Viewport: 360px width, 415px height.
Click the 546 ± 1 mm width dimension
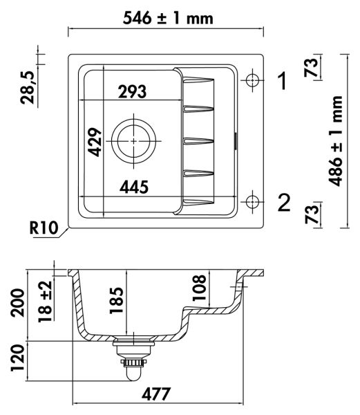coord(168,18)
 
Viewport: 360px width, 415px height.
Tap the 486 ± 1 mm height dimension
coord(335,141)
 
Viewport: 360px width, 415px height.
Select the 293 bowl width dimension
coord(132,91)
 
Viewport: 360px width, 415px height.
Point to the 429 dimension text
coord(95,142)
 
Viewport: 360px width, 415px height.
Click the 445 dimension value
coord(134,187)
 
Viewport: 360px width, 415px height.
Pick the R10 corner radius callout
coord(44,228)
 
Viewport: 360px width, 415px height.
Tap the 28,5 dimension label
coord(27,88)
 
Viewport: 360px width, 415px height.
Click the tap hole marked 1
coord(252,80)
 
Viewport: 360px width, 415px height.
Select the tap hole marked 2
coord(252,202)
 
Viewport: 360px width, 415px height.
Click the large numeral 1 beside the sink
coord(283,81)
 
